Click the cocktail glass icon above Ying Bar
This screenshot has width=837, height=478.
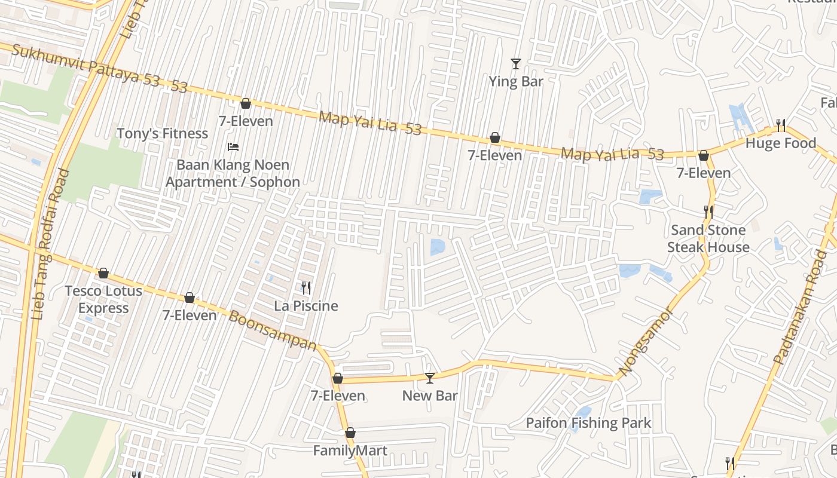point(516,63)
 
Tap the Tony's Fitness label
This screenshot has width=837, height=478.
point(163,133)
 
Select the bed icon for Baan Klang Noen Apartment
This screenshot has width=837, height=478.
point(233,147)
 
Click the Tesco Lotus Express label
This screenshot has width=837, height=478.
point(103,299)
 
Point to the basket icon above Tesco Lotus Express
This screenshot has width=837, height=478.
point(103,273)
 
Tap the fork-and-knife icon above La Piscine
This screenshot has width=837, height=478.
point(306,288)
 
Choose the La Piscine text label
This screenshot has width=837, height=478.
point(306,306)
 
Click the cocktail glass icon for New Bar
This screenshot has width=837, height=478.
point(430,378)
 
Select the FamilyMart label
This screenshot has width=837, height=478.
point(350,451)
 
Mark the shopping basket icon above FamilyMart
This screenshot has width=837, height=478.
point(350,433)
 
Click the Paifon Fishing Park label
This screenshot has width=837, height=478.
point(588,423)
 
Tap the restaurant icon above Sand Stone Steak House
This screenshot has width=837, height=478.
point(708,212)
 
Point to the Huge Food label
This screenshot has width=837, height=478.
point(780,143)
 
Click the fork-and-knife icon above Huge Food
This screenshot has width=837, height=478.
point(781,125)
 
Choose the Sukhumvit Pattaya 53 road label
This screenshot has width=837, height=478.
point(99,68)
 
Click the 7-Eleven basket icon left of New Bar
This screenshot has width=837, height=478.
point(338,378)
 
